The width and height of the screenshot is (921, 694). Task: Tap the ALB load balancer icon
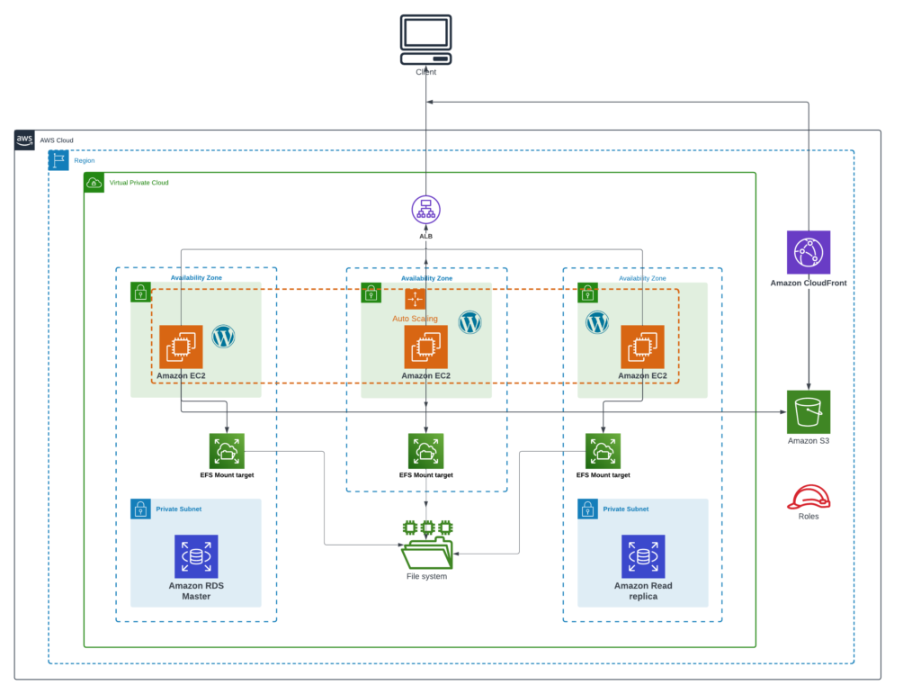coord(425,210)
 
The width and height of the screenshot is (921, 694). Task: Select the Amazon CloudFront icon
coord(808,252)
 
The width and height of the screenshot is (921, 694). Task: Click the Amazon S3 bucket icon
coord(808,411)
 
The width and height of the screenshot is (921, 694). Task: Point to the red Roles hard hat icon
coord(808,496)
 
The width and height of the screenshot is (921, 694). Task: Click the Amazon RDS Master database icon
coord(196,556)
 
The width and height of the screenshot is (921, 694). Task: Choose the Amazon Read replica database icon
coord(643,556)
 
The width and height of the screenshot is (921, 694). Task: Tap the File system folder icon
coord(426,544)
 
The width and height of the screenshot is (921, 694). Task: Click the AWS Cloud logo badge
coord(25,140)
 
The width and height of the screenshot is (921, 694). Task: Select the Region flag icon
coord(58,160)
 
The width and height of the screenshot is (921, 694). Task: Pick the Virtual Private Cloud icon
coord(94,183)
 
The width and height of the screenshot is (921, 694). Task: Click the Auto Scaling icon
coord(415,299)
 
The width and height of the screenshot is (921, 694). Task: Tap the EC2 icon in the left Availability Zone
coord(181,347)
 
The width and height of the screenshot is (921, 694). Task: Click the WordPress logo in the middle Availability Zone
coord(470,321)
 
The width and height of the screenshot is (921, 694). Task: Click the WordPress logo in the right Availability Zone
coord(597,321)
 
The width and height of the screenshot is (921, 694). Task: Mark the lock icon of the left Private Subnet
coord(140,509)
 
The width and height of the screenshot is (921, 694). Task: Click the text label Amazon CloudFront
coord(808,284)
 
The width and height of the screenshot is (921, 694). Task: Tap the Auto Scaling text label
coord(415,319)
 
